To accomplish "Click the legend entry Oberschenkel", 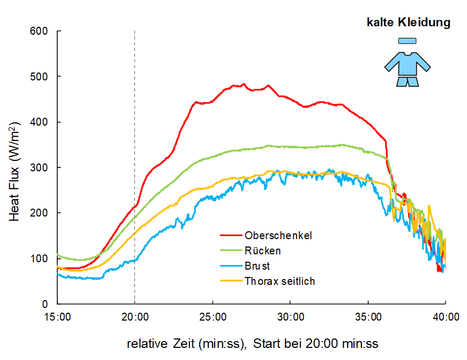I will click(278, 235).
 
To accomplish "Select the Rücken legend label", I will click(262, 251).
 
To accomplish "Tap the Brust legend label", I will click(257, 266).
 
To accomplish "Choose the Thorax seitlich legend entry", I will click(279, 281).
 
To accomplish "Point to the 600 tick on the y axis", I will click(42, 31).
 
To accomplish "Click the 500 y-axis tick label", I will click(42, 77).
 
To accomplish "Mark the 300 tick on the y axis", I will click(42, 168).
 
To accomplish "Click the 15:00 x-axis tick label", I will click(58, 317).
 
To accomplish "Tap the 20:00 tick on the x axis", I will click(135, 317).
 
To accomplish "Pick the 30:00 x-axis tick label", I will click(290, 317).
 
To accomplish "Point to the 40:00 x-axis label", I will click(445, 317).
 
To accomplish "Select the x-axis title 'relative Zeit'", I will click(252, 344).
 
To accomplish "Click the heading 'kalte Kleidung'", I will click(408, 23).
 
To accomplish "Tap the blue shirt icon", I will click(408, 64).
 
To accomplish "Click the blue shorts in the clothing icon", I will click(408, 81).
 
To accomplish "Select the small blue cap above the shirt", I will click(407, 40).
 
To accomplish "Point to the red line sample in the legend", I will click(231, 235).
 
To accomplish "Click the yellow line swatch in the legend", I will click(231, 281).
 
